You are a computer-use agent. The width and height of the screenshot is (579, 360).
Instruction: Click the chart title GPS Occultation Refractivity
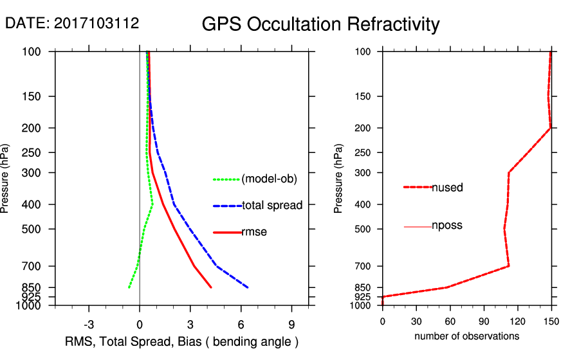(320, 24)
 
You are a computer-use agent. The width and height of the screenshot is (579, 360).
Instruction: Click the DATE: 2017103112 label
(72, 23)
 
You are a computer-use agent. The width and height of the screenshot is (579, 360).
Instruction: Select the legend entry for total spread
(271, 206)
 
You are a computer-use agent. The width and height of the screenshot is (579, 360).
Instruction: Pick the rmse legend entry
(254, 232)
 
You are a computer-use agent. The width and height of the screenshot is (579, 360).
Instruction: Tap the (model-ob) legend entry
(269, 179)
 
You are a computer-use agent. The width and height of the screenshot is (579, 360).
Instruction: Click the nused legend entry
(447, 188)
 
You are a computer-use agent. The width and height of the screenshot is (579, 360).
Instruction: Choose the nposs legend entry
(447, 226)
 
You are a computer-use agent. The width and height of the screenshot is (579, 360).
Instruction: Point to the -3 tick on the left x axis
(89, 323)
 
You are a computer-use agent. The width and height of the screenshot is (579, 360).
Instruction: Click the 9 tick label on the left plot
(291, 323)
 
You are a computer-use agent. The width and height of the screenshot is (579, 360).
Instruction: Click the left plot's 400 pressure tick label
(36, 204)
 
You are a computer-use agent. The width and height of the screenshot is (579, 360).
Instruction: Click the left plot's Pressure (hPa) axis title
(6, 179)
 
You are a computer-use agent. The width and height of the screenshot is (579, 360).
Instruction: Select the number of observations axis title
(466, 336)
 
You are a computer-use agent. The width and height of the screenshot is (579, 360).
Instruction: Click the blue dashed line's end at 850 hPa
(248, 287)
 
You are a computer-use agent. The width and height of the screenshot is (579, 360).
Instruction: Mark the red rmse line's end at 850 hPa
(211, 287)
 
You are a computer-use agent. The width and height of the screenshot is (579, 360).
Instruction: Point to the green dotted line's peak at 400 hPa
(152, 204)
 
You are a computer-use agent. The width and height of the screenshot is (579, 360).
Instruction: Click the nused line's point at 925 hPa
(383, 297)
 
